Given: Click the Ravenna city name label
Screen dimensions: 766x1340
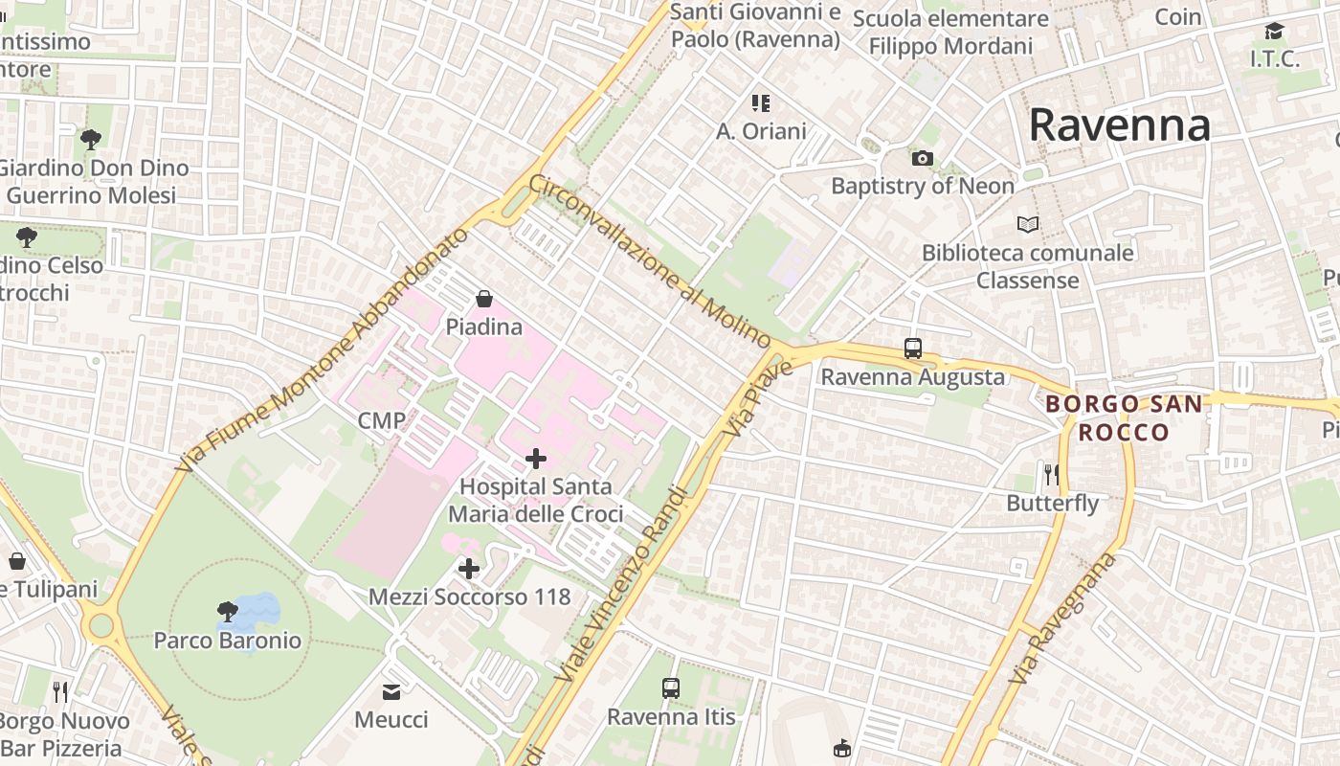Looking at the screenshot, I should pyautogui.click(x=1119, y=125).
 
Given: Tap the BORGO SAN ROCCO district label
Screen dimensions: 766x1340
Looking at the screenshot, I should pyautogui.click(x=1124, y=417).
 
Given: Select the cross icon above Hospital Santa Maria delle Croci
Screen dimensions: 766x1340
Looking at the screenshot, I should pyautogui.click(x=536, y=459).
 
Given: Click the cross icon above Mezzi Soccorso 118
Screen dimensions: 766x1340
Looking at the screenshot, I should pyautogui.click(x=469, y=570).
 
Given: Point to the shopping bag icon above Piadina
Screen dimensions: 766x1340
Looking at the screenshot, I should pyautogui.click(x=484, y=299).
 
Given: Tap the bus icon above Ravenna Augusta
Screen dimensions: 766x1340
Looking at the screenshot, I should pyautogui.click(x=913, y=349).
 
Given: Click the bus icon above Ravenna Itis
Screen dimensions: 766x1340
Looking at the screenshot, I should pyautogui.click(x=671, y=688).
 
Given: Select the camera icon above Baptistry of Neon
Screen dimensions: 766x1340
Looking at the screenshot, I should pyautogui.click(x=923, y=158).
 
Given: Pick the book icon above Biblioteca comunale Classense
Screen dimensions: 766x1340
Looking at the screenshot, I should pyautogui.click(x=1028, y=225).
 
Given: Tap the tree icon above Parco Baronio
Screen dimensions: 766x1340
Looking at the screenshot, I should pyautogui.click(x=228, y=612).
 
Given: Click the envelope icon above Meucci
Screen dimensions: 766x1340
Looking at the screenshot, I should pyautogui.click(x=391, y=691).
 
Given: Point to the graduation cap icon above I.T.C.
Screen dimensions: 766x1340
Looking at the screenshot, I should pyautogui.click(x=1274, y=32).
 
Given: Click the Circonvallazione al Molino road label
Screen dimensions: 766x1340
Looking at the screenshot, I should pyautogui.click(x=650, y=261).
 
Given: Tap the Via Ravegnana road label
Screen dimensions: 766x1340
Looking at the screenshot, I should pyautogui.click(x=1063, y=619).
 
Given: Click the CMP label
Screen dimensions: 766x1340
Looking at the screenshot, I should pyautogui.click(x=381, y=420).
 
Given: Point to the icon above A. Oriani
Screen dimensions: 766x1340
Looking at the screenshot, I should pyautogui.click(x=761, y=102).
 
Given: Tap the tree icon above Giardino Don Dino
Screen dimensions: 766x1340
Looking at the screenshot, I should pyautogui.click(x=91, y=140).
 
